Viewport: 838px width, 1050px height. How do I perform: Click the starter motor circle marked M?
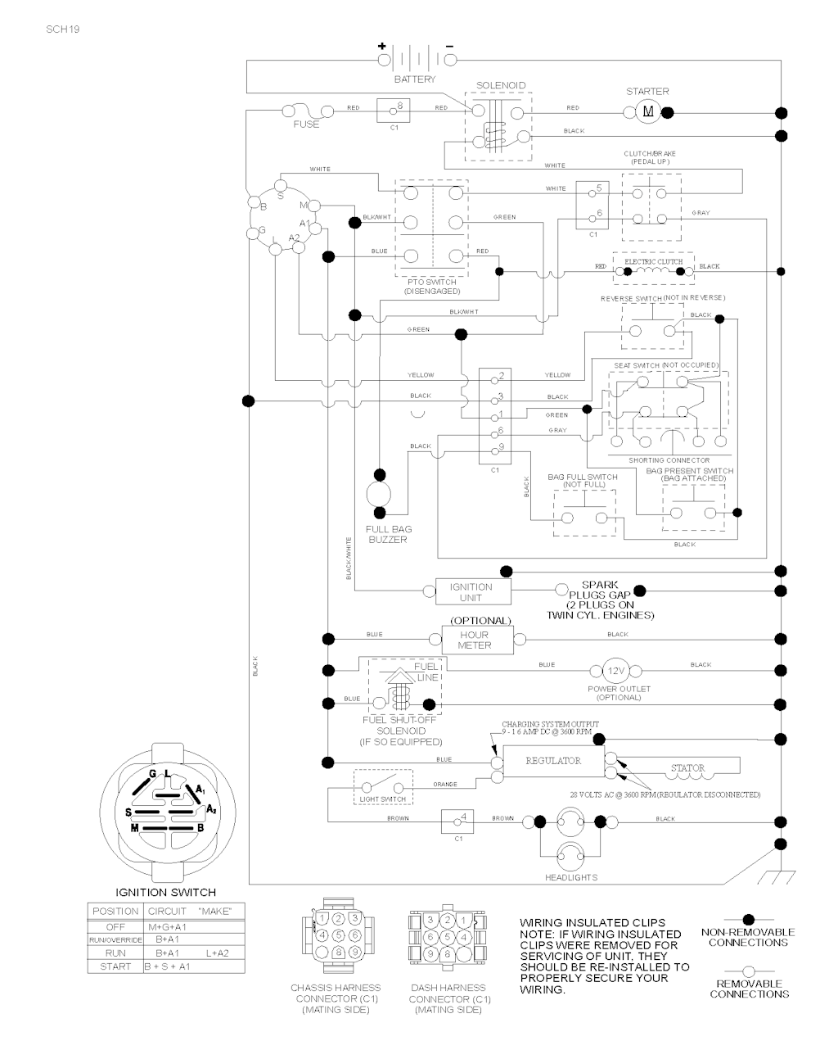point(648,111)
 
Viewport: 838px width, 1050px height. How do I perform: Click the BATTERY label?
point(415,79)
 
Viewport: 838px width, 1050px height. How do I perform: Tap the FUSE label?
point(306,124)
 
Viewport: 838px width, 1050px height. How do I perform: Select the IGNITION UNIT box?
point(471,591)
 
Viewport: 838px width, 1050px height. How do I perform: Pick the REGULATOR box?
point(553,761)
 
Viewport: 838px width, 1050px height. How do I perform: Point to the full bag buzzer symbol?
point(379,495)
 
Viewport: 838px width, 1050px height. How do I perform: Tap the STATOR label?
point(687,768)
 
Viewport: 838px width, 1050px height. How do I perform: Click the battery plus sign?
point(381,47)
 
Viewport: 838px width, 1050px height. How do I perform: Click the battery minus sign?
point(449,47)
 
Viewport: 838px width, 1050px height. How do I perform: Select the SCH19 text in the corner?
point(63,29)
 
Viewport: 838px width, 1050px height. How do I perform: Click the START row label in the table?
point(115,966)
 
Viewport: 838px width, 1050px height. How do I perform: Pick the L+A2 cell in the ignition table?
point(218,953)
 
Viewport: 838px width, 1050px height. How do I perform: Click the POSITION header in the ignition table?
point(115,911)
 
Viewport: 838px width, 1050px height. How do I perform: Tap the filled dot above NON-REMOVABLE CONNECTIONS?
point(747,920)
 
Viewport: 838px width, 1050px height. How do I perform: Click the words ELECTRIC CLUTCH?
point(653,261)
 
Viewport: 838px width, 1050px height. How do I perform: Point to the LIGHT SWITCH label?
point(382,799)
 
